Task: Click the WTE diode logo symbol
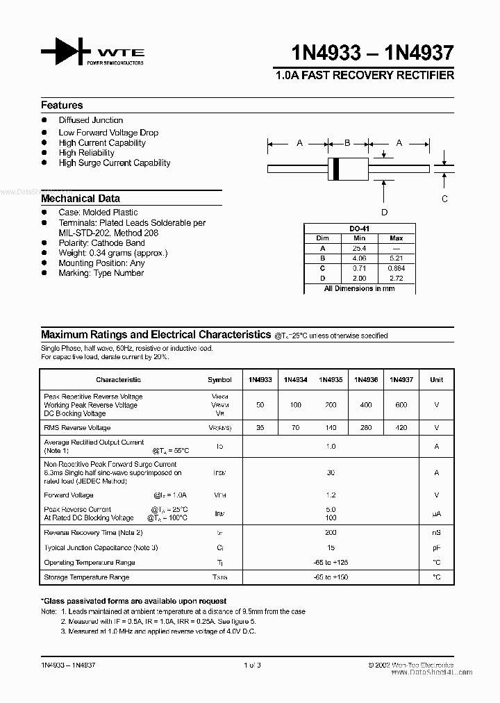point(66,52)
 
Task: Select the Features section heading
point(62,106)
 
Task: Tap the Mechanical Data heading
point(81,199)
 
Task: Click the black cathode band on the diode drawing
point(336,168)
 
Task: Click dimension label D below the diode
point(384,213)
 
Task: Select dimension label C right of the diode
point(445,199)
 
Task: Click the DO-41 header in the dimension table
point(358,229)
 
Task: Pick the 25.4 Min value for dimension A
point(358,248)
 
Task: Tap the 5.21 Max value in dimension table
point(397,258)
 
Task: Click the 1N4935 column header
point(331,380)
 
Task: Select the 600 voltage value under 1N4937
point(401,405)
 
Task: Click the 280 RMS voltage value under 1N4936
point(365,428)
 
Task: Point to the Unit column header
point(436,380)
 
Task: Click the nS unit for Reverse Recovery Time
point(436,533)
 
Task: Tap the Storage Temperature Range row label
point(87,577)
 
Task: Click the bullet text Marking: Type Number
point(101,273)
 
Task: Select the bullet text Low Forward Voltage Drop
point(108,133)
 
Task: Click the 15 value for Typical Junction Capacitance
point(331,547)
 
